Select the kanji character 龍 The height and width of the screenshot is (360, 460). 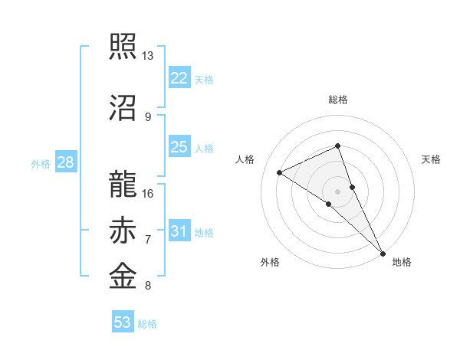123,183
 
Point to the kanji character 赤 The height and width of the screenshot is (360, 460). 123,231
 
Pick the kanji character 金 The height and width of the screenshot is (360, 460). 123,276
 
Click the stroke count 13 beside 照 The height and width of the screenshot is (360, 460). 147,57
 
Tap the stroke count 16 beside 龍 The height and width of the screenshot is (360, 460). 147,193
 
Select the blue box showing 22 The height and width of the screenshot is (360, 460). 179,78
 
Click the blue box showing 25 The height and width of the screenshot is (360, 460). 179,147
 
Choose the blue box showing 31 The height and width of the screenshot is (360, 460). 179,231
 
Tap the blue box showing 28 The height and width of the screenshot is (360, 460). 64,162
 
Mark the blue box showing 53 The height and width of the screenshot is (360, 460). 122,322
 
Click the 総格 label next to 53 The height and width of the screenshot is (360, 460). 147,324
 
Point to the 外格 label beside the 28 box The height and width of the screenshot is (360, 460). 41,164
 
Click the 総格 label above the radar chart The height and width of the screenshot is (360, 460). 338,100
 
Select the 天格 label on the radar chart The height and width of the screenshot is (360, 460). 431,159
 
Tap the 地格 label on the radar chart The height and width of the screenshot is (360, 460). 402,262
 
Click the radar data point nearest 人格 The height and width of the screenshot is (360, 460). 280,172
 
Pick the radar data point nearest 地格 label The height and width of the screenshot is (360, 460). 383,252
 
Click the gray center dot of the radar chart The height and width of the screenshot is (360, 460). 337,191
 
